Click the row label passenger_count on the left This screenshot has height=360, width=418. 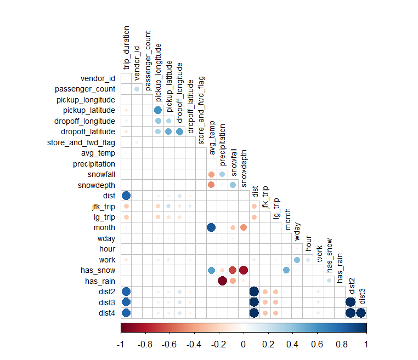(x=85, y=89)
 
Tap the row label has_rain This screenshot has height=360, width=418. (x=99, y=281)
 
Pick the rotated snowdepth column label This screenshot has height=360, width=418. (x=244, y=167)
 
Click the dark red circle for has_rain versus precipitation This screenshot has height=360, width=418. (x=222, y=281)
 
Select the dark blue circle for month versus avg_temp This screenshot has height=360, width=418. (x=211, y=227)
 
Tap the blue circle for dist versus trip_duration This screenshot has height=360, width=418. (x=126, y=196)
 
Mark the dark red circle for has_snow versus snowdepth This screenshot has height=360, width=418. (x=244, y=270)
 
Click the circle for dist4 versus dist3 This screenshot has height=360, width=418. (x=361, y=313)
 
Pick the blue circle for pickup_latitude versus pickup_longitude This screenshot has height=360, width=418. (x=158, y=110)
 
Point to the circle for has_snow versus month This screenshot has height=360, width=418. (x=286, y=270)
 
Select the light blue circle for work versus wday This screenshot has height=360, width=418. (x=297, y=260)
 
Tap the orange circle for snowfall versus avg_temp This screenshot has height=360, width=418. (x=211, y=174)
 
